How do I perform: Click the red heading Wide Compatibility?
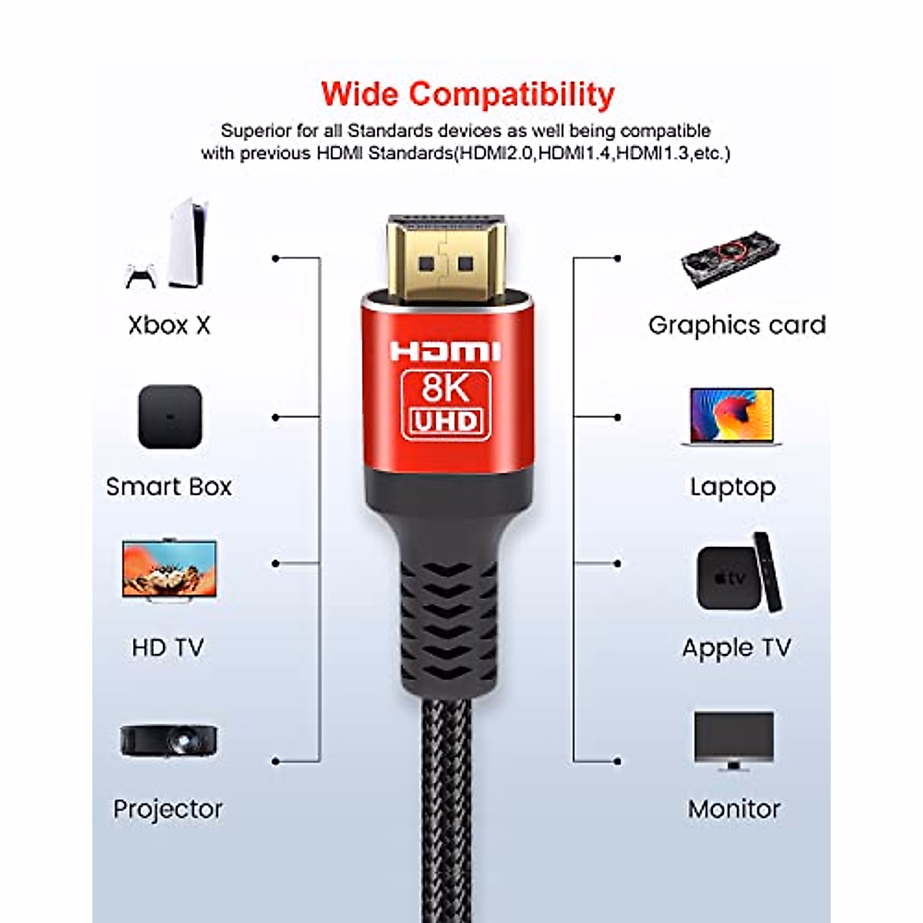[468, 95]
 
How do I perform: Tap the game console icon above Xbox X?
[187, 244]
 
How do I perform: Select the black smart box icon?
[170, 417]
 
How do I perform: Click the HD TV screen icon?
[169, 568]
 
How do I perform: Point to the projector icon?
[168, 741]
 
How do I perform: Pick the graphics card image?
[730, 260]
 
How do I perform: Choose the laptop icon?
[731, 416]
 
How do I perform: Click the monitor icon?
[733, 739]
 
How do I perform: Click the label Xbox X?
[169, 325]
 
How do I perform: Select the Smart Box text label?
[168, 487]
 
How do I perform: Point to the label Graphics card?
[737, 325]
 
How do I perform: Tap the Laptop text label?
[732, 487]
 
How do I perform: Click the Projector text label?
[168, 809]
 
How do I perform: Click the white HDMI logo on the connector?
[445, 352]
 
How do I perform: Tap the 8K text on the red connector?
[445, 388]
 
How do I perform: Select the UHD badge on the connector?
[446, 422]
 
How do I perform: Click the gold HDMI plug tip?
[445, 258]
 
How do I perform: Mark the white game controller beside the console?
[141, 276]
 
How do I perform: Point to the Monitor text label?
[734, 809]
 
